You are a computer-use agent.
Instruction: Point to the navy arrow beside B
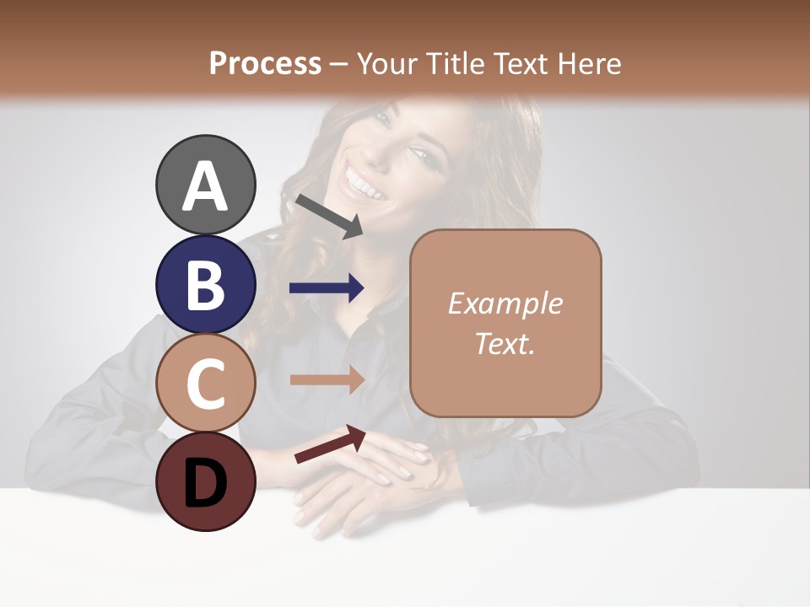tap(327, 288)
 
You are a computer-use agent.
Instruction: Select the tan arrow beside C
tap(327, 380)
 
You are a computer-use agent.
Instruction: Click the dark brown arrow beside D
tap(330, 444)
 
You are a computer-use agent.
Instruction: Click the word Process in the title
tap(265, 63)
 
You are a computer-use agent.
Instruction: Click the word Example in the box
tap(505, 303)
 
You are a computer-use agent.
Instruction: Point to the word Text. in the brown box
tap(505, 343)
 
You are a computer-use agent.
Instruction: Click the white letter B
tap(205, 285)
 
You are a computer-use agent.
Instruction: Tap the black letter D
tap(205, 482)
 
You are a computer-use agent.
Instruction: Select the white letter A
tap(205, 185)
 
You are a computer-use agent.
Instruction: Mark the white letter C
tap(205, 384)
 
